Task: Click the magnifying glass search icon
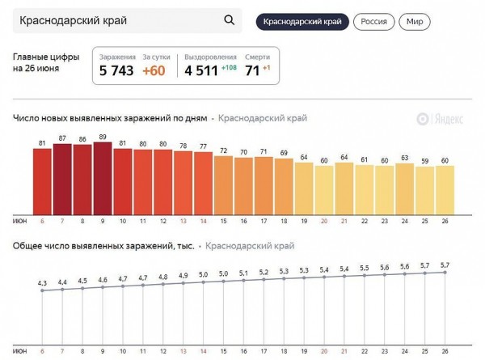pyautogui.click(x=230, y=21)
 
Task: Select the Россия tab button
pyautogui.click(x=373, y=21)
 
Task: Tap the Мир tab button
pyautogui.click(x=415, y=21)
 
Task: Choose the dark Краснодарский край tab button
pyautogui.click(x=302, y=21)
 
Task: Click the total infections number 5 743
pyautogui.click(x=116, y=71)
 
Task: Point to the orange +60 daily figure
pyautogui.click(x=154, y=71)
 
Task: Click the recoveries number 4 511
pyautogui.click(x=200, y=71)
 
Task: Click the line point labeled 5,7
pyautogui.click(x=445, y=272)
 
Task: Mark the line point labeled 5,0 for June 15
pyautogui.click(x=224, y=282)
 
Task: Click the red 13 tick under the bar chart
pyautogui.click(x=183, y=221)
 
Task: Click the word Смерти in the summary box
pyautogui.click(x=257, y=57)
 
